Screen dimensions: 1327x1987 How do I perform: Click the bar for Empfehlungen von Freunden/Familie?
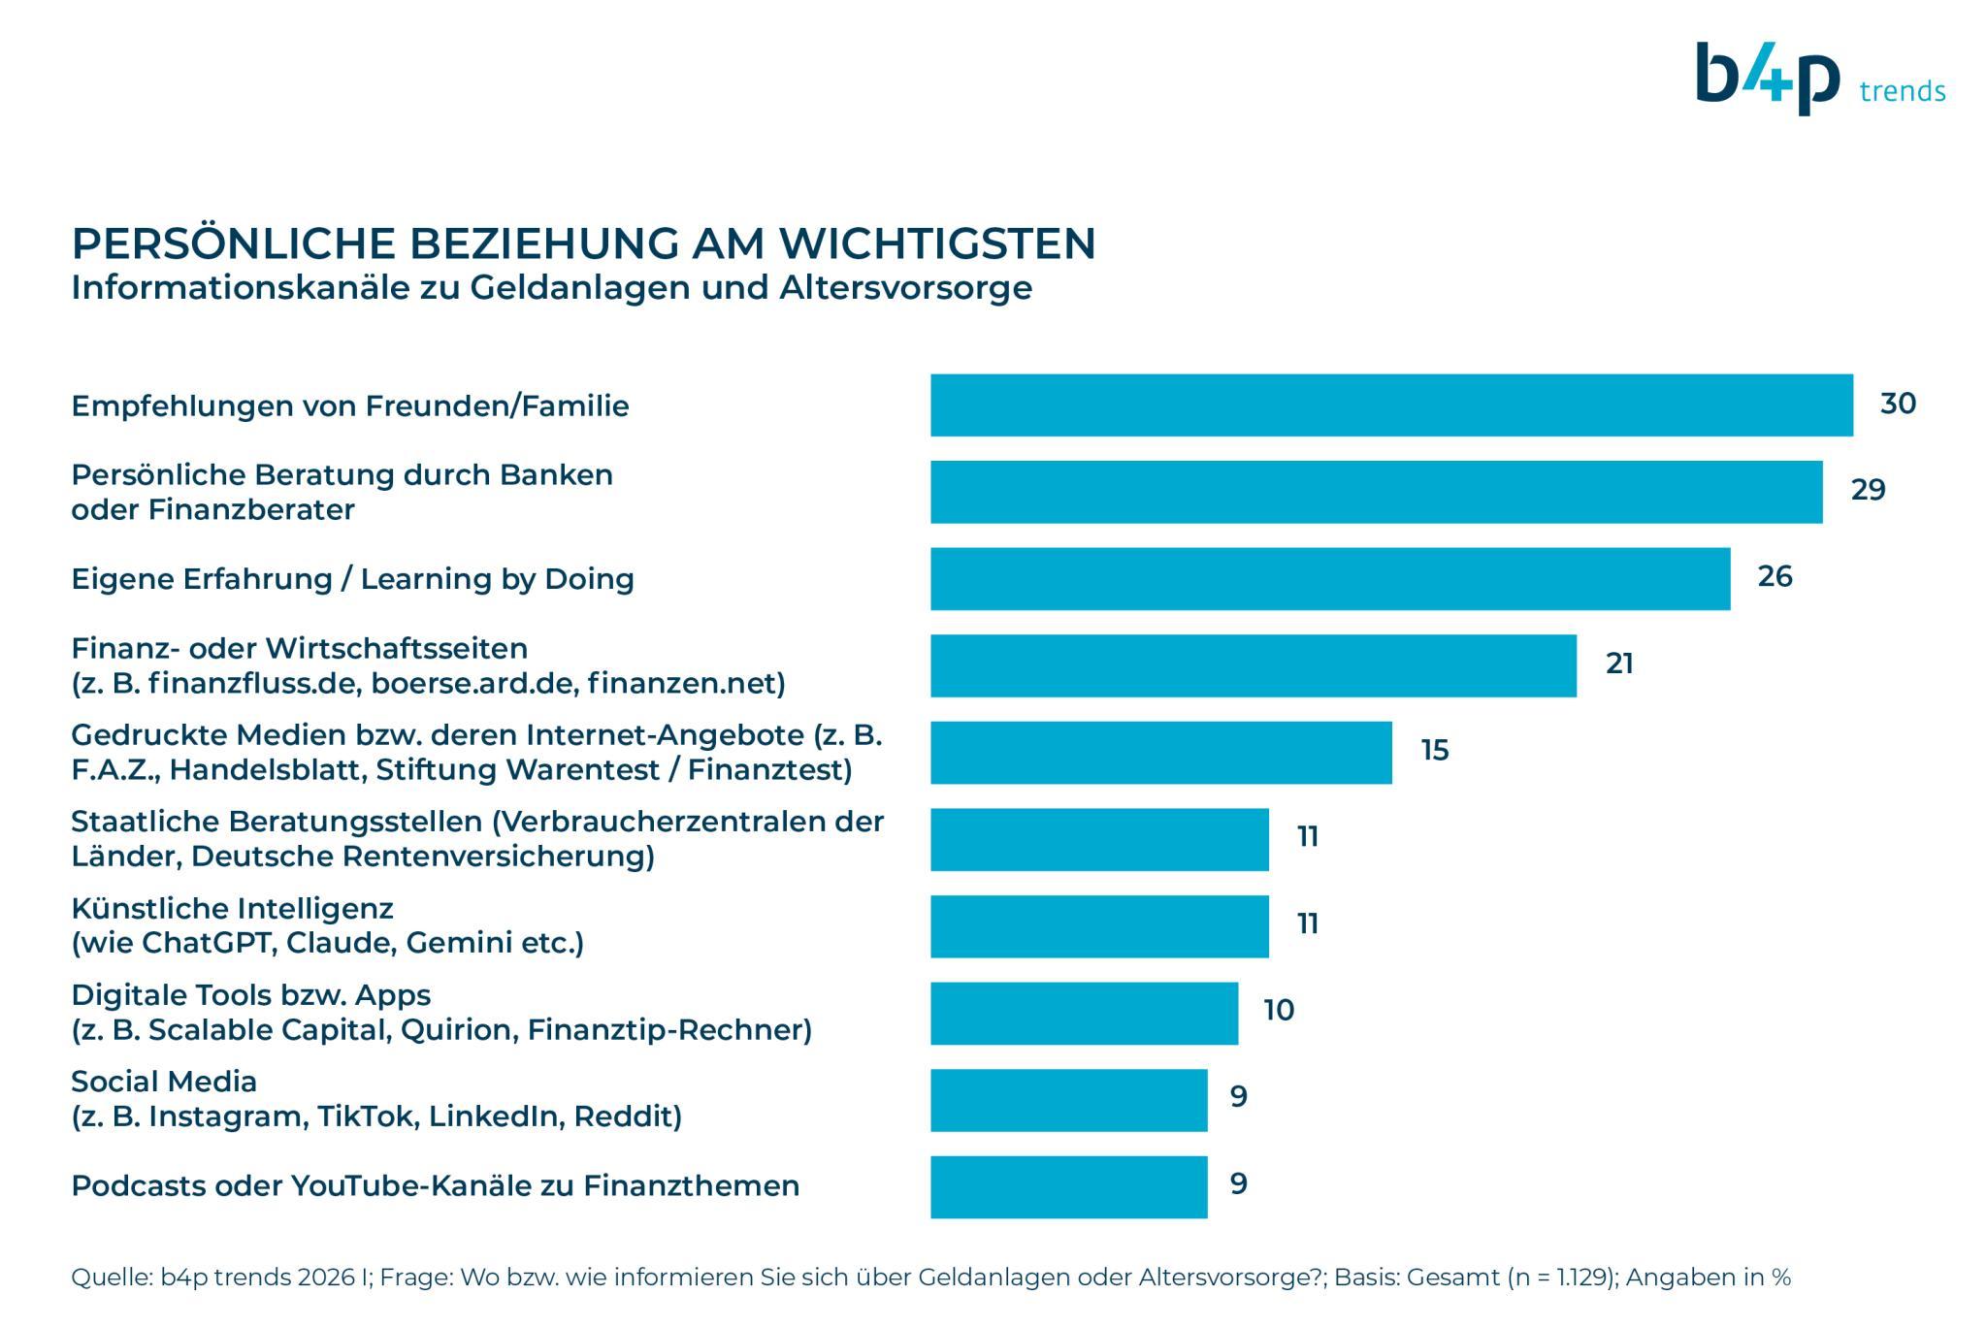[x=1391, y=405]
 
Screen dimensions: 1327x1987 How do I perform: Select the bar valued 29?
[x=1376, y=492]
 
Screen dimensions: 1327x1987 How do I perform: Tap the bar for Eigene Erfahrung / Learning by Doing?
[x=1329, y=578]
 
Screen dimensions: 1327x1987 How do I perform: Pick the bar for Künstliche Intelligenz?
[x=1099, y=925]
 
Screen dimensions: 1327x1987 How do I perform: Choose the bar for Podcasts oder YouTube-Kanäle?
[x=1068, y=1186]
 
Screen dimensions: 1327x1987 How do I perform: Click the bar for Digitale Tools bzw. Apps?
[x=1084, y=1013]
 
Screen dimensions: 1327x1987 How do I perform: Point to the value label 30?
[x=1897, y=404]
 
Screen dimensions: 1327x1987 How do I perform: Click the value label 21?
[x=1619, y=663]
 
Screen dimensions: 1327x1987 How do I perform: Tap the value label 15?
[x=1434, y=750]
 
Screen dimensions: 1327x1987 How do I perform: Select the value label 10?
[x=1278, y=1010]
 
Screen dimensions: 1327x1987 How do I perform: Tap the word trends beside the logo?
[x=1902, y=92]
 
